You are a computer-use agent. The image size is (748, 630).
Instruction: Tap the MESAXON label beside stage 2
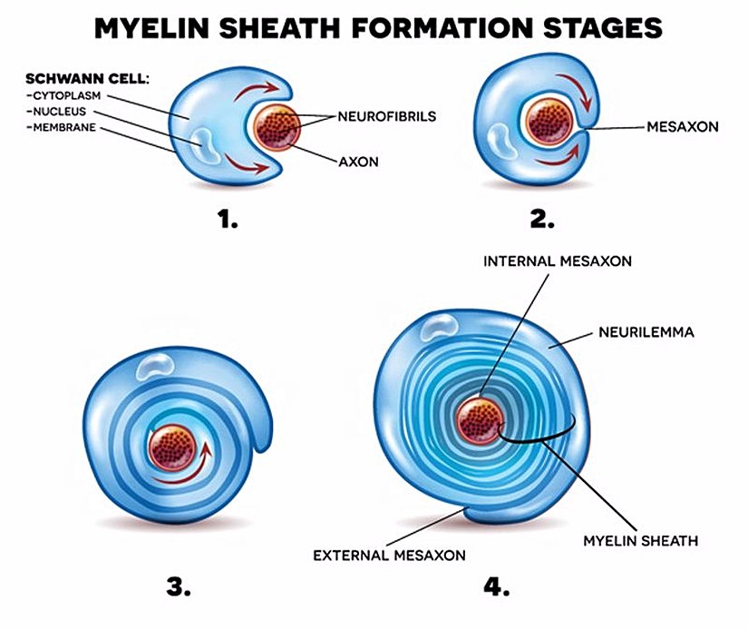pos(683,127)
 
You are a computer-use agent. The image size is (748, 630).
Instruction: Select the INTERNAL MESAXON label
pos(558,261)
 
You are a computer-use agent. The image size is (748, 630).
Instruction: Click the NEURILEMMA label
pos(646,332)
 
